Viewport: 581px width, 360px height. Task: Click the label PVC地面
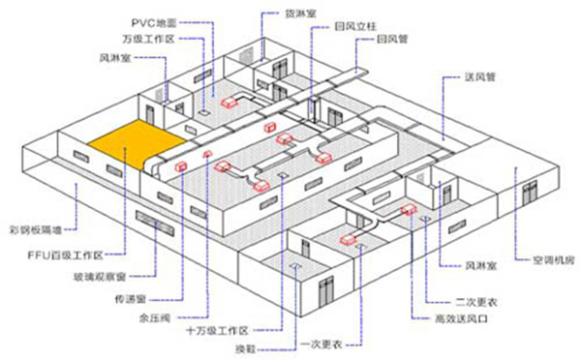[x=153, y=21]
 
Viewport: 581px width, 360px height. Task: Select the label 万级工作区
[x=146, y=39]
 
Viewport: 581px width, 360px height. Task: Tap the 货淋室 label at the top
[x=298, y=14]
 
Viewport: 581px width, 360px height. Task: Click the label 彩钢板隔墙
[x=32, y=231]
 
